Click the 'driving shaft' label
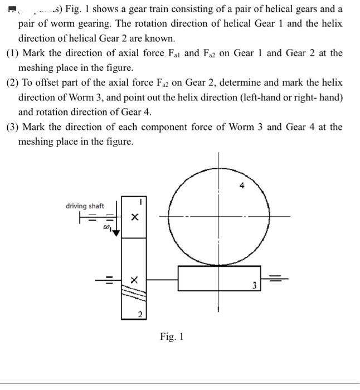(85, 206)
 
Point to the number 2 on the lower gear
(140, 316)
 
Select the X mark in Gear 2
(134, 280)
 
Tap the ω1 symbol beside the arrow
(104, 228)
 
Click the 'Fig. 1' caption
(171, 337)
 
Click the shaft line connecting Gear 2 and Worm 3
(162, 276)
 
